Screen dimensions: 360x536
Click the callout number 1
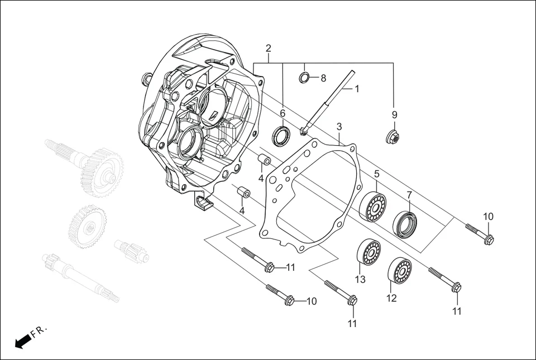(x=357, y=89)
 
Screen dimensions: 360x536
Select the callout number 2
(x=269, y=48)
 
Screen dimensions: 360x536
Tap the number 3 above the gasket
(x=339, y=127)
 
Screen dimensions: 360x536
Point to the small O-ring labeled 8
(x=304, y=77)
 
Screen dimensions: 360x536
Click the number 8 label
(x=323, y=78)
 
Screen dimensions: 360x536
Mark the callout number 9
(x=394, y=115)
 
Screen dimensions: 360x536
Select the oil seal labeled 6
(x=281, y=136)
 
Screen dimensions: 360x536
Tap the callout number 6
(x=283, y=113)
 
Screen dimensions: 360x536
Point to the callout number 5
(x=377, y=174)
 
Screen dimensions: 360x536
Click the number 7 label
(x=409, y=195)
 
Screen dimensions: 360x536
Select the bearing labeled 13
(x=368, y=252)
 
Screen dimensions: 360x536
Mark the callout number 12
(x=391, y=299)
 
